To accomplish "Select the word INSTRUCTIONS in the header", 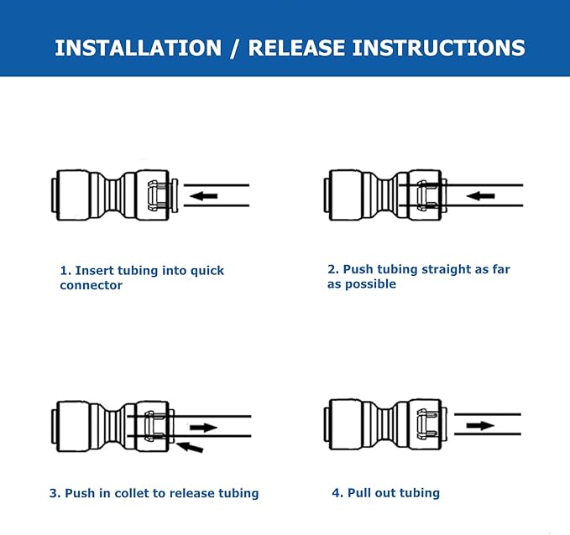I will pyautogui.click(x=438, y=48).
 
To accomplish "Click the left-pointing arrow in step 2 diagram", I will pyautogui.click(x=480, y=196).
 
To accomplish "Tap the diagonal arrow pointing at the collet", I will pyautogui.click(x=191, y=447).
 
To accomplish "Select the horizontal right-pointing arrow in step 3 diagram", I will pyautogui.click(x=202, y=428).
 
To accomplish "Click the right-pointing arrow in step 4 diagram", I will pyautogui.click(x=480, y=425).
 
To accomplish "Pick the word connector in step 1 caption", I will pyautogui.click(x=91, y=285).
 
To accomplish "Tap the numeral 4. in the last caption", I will pyautogui.click(x=337, y=492).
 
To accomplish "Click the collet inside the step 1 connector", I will pyautogui.click(x=156, y=196).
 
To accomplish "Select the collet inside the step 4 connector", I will pyautogui.click(x=426, y=425).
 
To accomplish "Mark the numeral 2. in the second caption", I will pyautogui.click(x=332, y=269).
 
